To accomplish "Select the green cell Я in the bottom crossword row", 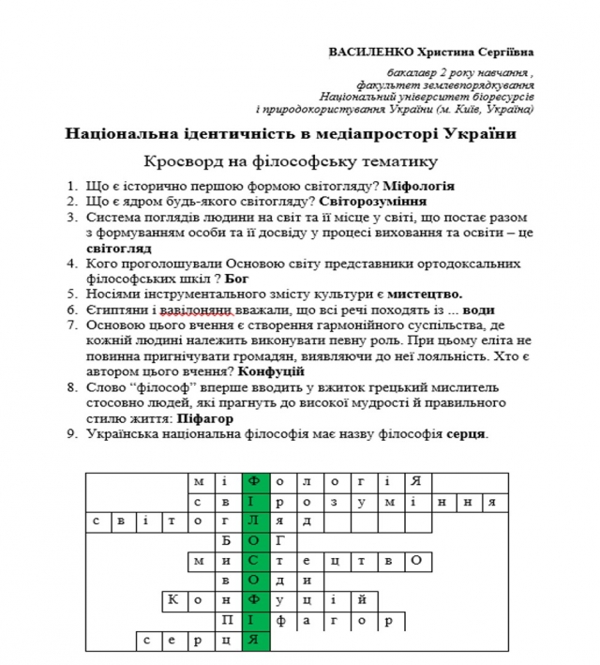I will pyautogui.click(x=255, y=641).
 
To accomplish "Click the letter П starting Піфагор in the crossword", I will pyautogui.click(x=228, y=620).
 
